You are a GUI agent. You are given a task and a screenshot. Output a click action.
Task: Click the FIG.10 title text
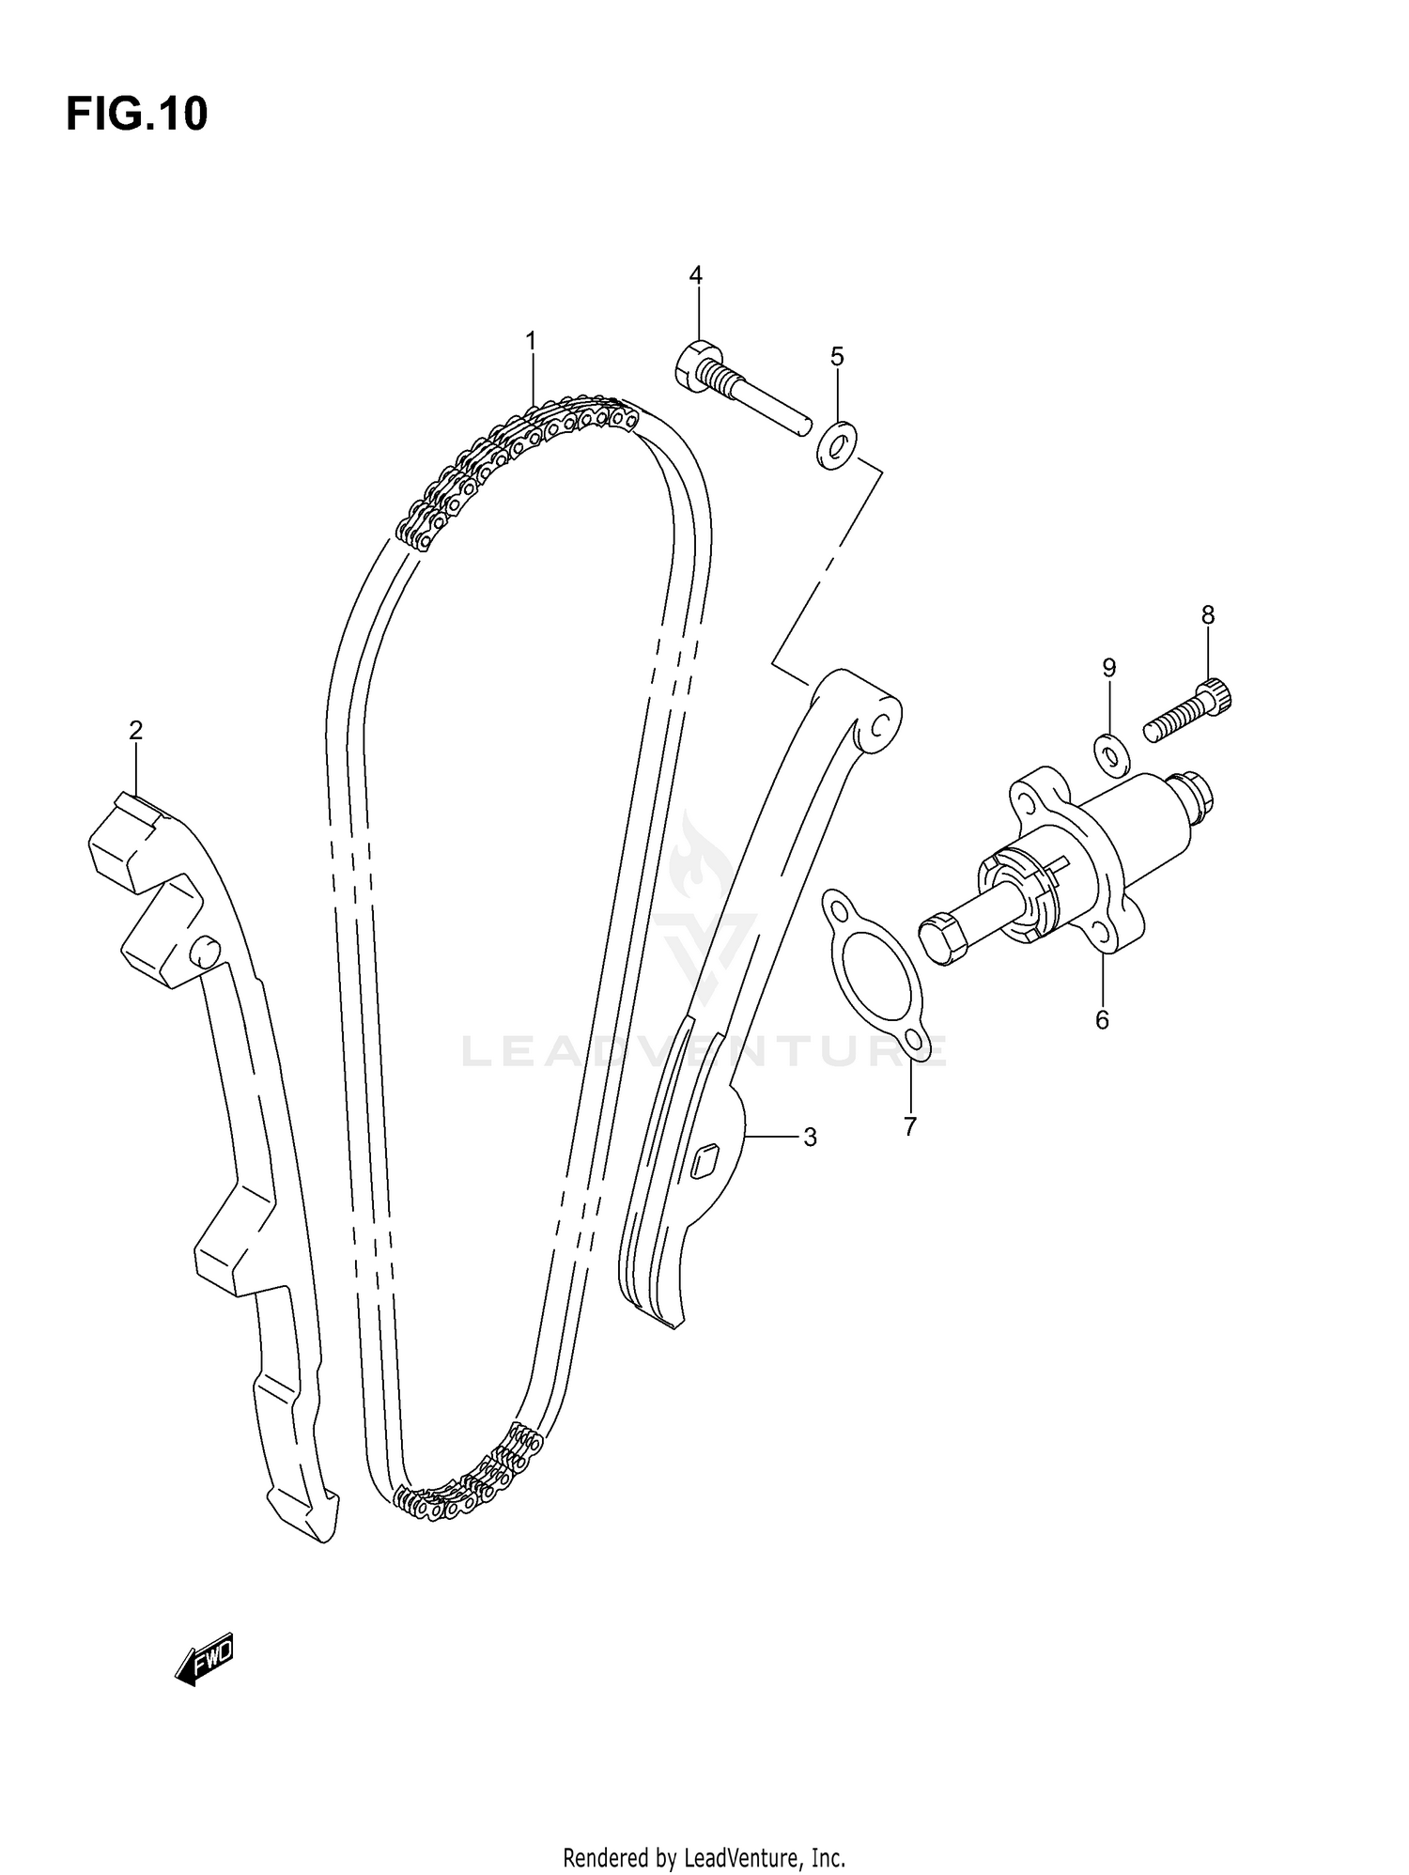coord(137,115)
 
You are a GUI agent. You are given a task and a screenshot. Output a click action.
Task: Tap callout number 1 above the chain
coord(531,341)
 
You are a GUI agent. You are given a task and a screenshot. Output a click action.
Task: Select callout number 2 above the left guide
coord(136,730)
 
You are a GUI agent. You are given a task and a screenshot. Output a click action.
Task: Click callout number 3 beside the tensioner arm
coord(810,1138)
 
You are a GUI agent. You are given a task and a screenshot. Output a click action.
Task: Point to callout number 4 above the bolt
coord(695,275)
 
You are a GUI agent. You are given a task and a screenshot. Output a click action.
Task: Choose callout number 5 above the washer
coord(837,356)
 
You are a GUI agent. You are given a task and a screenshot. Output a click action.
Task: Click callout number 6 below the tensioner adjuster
coord(1102,1019)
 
